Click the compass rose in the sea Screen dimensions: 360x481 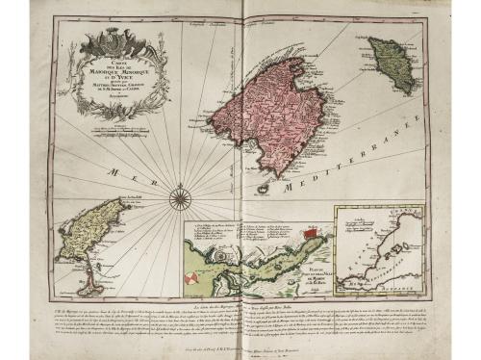pos(180,198)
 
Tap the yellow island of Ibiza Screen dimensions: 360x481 pos(88,231)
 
